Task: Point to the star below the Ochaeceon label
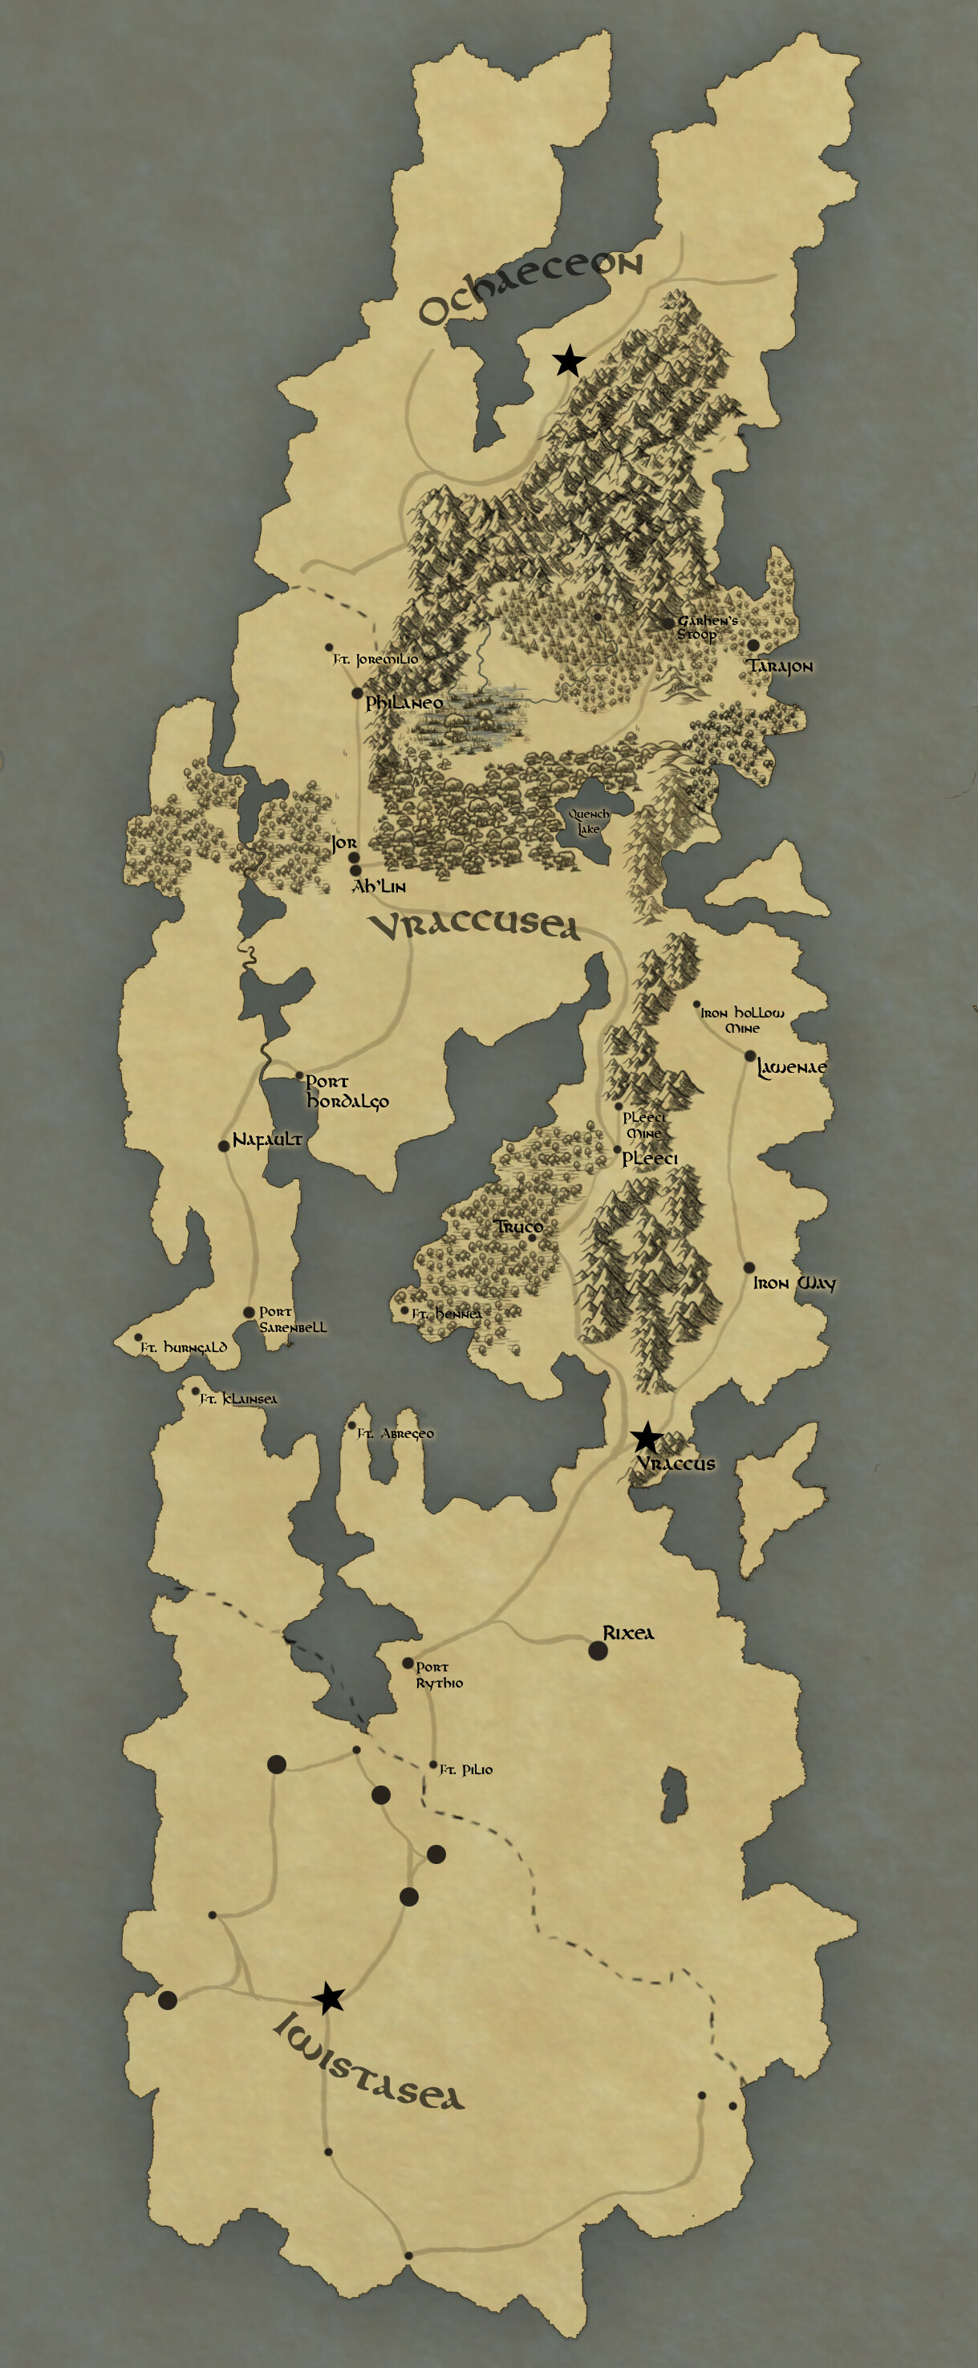[x=569, y=361]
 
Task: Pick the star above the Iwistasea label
[x=328, y=1997]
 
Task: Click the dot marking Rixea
[x=598, y=1650]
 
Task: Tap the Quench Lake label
[x=588, y=821]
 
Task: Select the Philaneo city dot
[x=358, y=693]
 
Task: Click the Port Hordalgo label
[x=347, y=1091]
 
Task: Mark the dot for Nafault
[x=223, y=1145]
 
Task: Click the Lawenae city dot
[x=750, y=1055]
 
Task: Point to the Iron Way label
[x=794, y=1283]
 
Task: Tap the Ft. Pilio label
[x=466, y=1769]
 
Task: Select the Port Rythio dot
[x=408, y=1663]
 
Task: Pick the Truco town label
[x=518, y=1226]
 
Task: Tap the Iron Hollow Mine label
[x=743, y=1019]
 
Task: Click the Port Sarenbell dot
[x=249, y=1313]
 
